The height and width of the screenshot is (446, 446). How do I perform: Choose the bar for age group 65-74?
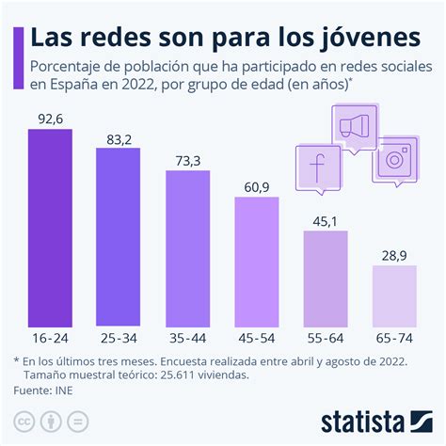pos(394,295)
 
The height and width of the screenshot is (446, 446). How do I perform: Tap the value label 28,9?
pos(394,255)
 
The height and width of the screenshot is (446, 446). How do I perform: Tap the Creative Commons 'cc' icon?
pos(23,419)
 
